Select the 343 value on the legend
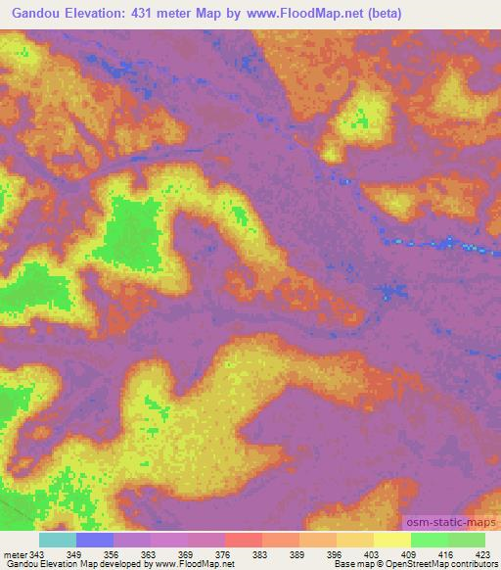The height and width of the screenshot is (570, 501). pos(37,553)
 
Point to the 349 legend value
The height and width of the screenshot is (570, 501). pos(74,553)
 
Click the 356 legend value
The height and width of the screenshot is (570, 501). pos(113,553)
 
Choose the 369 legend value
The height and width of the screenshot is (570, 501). pos(186,553)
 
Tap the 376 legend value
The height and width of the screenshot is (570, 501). pos(223,553)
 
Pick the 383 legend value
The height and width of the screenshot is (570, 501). pos(261,553)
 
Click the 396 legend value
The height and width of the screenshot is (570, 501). pos(336,553)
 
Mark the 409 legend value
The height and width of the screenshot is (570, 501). pos(410,553)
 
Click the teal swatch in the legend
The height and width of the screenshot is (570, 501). pos(58,540)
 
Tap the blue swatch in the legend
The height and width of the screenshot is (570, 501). pos(95,540)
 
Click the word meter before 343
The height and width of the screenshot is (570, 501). pos(15,553)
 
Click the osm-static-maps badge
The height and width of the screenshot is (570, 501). pos(450,522)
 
